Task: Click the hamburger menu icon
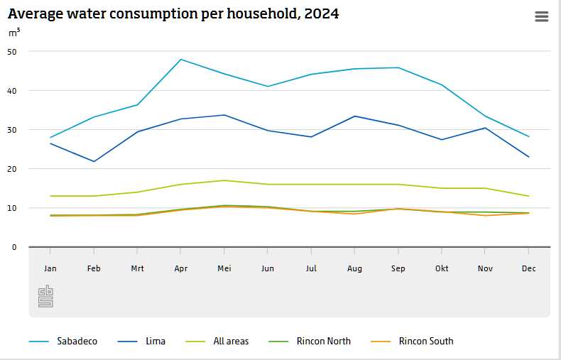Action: click(x=542, y=16)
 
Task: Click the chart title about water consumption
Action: click(x=173, y=13)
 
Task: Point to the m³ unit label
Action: click(x=14, y=33)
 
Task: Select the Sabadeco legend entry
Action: click(x=77, y=342)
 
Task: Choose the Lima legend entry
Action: click(x=155, y=342)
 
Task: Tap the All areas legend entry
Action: click(x=231, y=342)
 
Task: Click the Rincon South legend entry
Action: click(x=425, y=342)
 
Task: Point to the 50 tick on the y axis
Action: click(x=12, y=51)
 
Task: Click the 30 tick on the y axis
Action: click(x=12, y=130)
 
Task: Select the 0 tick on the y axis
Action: click(x=13, y=247)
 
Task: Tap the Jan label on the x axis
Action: click(x=50, y=268)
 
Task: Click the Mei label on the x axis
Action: click(x=224, y=268)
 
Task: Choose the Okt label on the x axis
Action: click(x=442, y=268)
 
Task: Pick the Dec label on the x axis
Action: click(x=529, y=268)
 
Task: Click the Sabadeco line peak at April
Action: click(x=181, y=60)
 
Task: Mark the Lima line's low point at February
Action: click(x=94, y=161)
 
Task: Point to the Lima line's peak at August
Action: click(x=354, y=116)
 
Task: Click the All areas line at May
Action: click(x=224, y=180)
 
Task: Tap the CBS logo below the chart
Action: click(x=45, y=296)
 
